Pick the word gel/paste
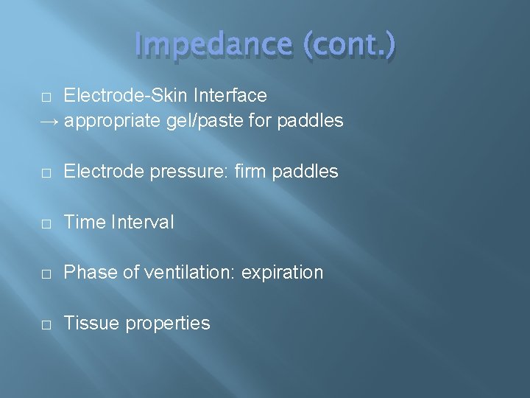point(204,121)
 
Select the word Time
point(83,223)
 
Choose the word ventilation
point(186,273)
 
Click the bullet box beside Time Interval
point(46,223)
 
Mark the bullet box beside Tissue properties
point(46,324)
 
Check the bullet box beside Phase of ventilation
point(46,273)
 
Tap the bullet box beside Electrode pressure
point(46,172)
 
